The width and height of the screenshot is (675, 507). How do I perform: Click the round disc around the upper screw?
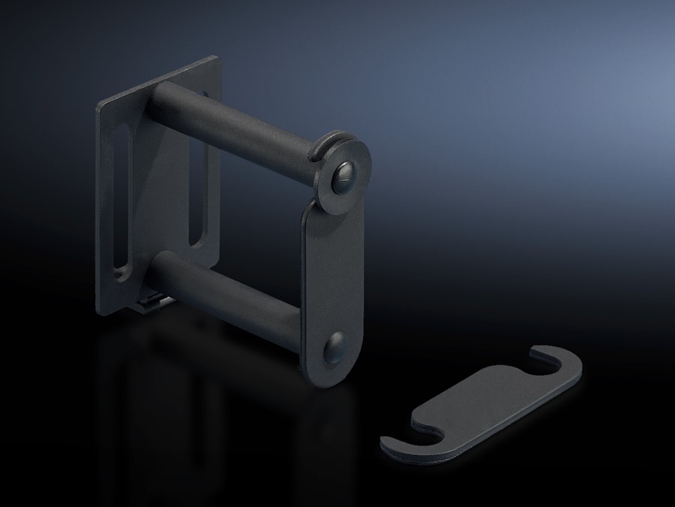(352, 188)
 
